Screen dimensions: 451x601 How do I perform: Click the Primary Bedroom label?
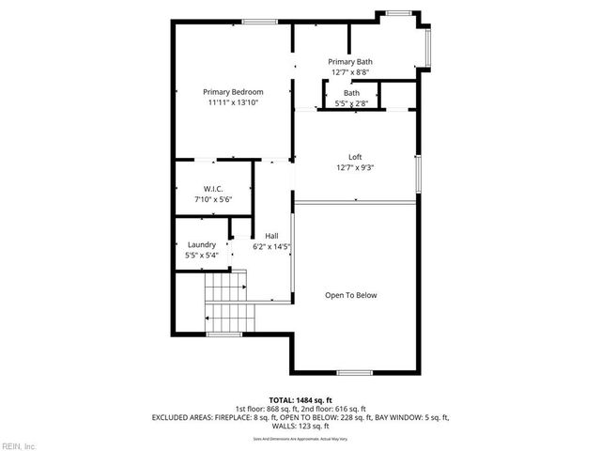233,92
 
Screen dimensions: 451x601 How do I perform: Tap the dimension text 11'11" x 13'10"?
233,102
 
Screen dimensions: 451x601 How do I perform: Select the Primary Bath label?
349,61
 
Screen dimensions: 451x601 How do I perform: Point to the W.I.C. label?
212,189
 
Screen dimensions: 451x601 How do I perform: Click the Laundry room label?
202,244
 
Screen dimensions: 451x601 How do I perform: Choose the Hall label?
271,236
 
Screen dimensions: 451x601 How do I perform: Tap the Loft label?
355,157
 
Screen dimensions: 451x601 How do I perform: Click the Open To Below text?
350,295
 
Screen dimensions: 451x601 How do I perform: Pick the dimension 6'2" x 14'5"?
271,247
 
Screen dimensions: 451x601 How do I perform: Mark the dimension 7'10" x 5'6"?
212,199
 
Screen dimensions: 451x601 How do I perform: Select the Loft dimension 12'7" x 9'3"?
355,167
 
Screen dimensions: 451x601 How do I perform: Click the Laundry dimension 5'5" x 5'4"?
202,255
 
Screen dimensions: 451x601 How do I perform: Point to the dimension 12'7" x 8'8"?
349,71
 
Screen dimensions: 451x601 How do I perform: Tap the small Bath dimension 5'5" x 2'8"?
351,103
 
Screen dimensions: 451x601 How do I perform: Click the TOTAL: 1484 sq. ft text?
300,400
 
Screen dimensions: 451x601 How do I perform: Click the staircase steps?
225,301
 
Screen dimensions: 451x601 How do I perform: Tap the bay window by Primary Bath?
427,47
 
